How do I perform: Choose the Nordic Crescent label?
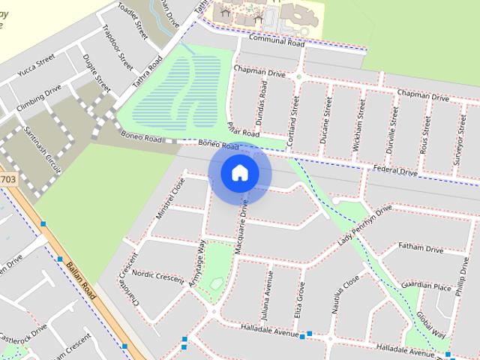coord(157,277)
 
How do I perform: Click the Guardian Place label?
coord(426,286)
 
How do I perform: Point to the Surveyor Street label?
coord(455,135)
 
